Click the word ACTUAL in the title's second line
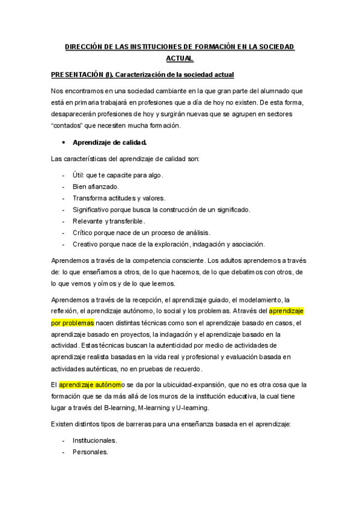coord(180,58)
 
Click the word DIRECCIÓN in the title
coord(84,46)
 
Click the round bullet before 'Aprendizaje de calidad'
coord(64,143)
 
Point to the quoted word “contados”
coord(69,126)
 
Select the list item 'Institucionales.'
coord(95,440)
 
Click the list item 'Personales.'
coord(90,452)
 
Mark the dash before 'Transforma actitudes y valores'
coord(64,198)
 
